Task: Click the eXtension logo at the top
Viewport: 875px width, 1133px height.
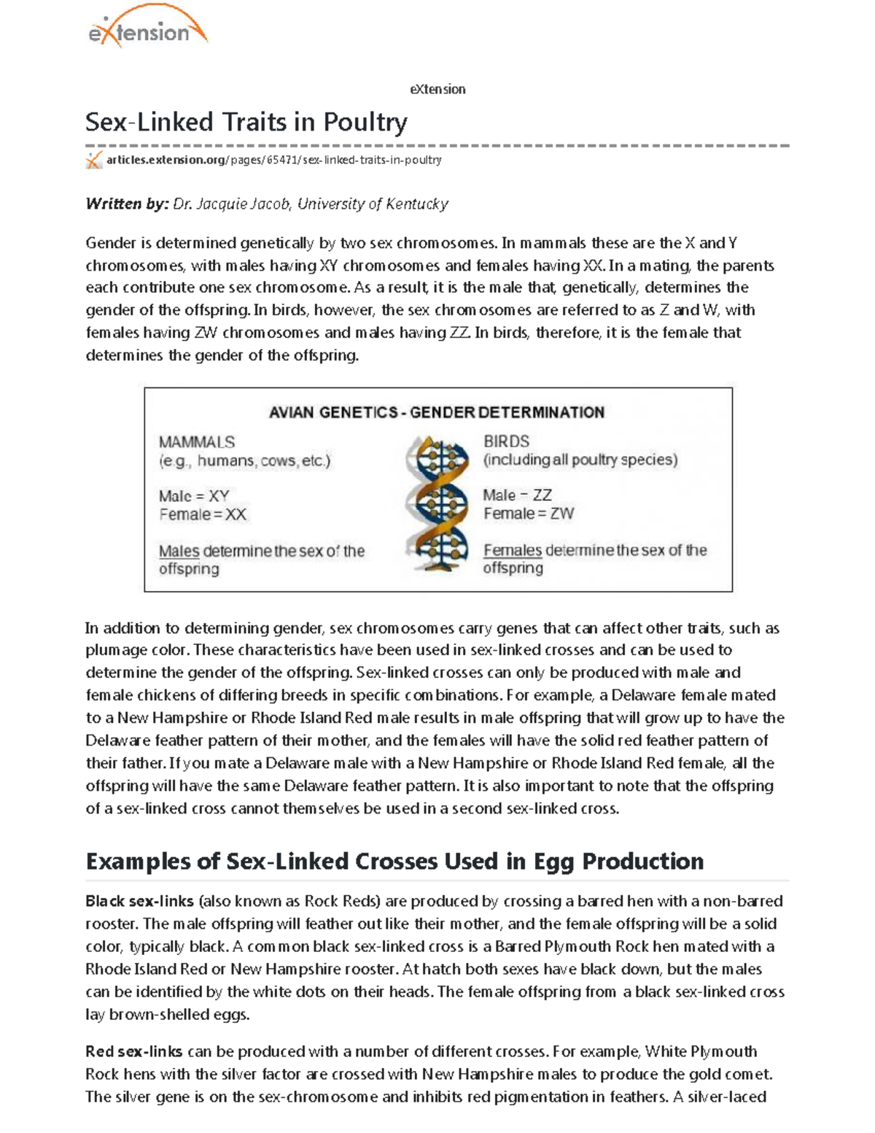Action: pyautogui.click(x=147, y=30)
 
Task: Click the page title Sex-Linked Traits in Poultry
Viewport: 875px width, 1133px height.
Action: pyautogui.click(x=246, y=122)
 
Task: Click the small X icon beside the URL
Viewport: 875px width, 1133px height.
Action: pyautogui.click(x=93, y=161)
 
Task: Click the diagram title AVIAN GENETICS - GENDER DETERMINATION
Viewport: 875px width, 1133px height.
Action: pyautogui.click(x=437, y=413)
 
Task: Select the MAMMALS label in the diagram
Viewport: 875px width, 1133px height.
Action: pyautogui.click(x=197, y=442)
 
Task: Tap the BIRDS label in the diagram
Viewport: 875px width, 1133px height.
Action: pyautogui.click(x=506, y=441)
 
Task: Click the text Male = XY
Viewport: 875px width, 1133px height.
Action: pyautogui.click(x=194, y=496)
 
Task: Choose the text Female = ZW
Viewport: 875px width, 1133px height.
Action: pyautogui.click(x=528, y=514)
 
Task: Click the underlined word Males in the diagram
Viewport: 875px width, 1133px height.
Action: pyautogui.click(x=179, y=552)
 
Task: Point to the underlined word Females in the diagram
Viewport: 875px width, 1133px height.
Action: pyautogui.click(x=512, y=551)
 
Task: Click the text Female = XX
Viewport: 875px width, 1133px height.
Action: pyautogui.click(x=203, y=515)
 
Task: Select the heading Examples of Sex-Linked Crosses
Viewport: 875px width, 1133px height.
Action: pyautogui.click(x=394, y=862)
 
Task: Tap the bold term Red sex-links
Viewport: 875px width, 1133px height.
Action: pyautogui.click(x=133, y=1051)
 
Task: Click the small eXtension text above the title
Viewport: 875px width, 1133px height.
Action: pyautogui.click(x=437, y=90)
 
